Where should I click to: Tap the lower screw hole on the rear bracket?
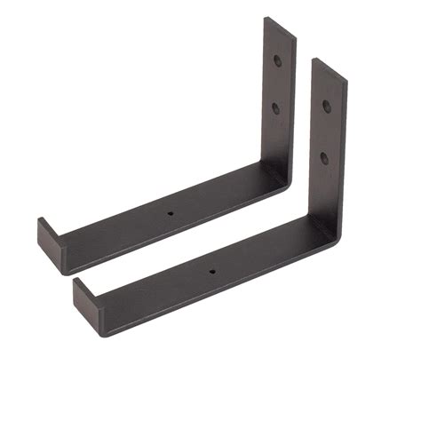274,108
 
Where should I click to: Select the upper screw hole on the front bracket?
328,106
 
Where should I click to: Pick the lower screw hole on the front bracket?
324,157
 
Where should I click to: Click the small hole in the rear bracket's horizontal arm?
169,214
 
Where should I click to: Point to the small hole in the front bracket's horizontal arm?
211,268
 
